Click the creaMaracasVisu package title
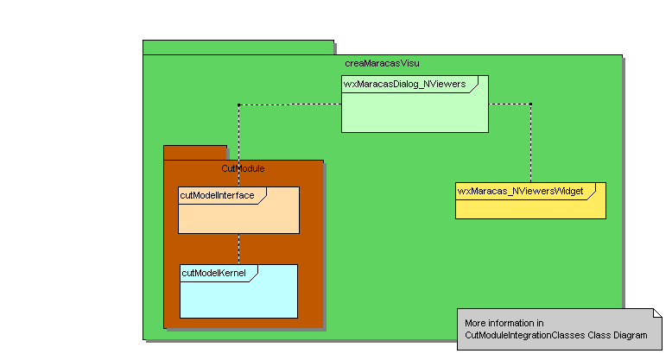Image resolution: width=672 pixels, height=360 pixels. pyautogui.click(x=382, y=63)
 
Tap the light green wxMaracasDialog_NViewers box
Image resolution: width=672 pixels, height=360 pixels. pyautogui.click(x=415, y=112)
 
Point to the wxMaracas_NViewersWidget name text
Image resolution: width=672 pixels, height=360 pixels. pyautogui.click(x=520, y=190)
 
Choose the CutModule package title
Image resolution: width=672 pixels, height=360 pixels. pyautogui.click(x=243, y=168)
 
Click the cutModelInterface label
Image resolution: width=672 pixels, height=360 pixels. pyautogui.click(x=217, y=195)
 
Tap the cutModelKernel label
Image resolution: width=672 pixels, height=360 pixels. pyautogui.click(x=213, y=273)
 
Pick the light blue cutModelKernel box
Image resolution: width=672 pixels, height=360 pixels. pyautogui.click(x=238, y=298)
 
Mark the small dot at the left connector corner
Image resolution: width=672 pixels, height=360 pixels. pyautogui.click(x=238, y=105)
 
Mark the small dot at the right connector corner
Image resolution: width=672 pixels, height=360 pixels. pyautogui.click(x=530, y=105)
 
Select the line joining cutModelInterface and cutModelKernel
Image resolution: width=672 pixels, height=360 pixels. pyautogui.click(x=238, y=249)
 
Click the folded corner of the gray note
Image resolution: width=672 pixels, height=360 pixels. pyautogui.click(x=656, y=313)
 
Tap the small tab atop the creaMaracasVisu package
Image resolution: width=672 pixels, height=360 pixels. pyautogui.click(x=238, y=47)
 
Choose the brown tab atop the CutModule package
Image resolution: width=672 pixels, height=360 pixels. pyautogui.click(x=195, y=152)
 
